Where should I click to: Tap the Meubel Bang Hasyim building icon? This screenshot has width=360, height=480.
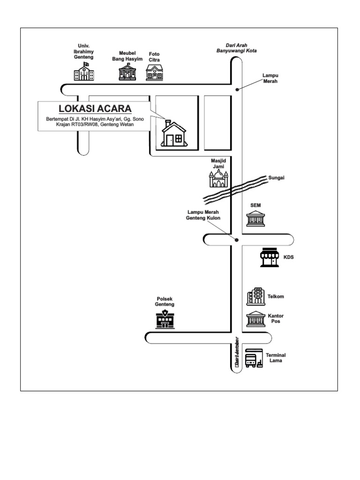[127, 72]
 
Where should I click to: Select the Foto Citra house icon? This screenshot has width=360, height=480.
[154, 72]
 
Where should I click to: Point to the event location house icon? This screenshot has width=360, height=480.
[173, 134]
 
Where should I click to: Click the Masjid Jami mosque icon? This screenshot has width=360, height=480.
[218, 179]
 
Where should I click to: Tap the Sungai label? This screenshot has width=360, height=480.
[277, 178]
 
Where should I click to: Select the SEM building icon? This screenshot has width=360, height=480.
[256, 219]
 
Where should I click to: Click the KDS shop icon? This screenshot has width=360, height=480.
[270, 257]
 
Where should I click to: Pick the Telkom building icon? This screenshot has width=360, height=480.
[256, 296]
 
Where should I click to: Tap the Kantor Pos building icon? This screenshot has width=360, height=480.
[256, 319]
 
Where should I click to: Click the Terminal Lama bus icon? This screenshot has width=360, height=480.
[253, 358]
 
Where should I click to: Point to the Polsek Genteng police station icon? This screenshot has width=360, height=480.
[165, 319]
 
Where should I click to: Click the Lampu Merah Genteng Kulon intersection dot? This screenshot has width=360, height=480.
[237, 240]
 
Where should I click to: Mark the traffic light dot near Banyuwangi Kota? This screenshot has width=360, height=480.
[237, 89]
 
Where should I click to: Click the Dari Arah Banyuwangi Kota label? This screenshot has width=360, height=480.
[236, 48]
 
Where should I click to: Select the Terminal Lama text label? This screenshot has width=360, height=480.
[276, 358]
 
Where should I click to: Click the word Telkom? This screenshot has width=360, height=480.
[276, 297]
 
